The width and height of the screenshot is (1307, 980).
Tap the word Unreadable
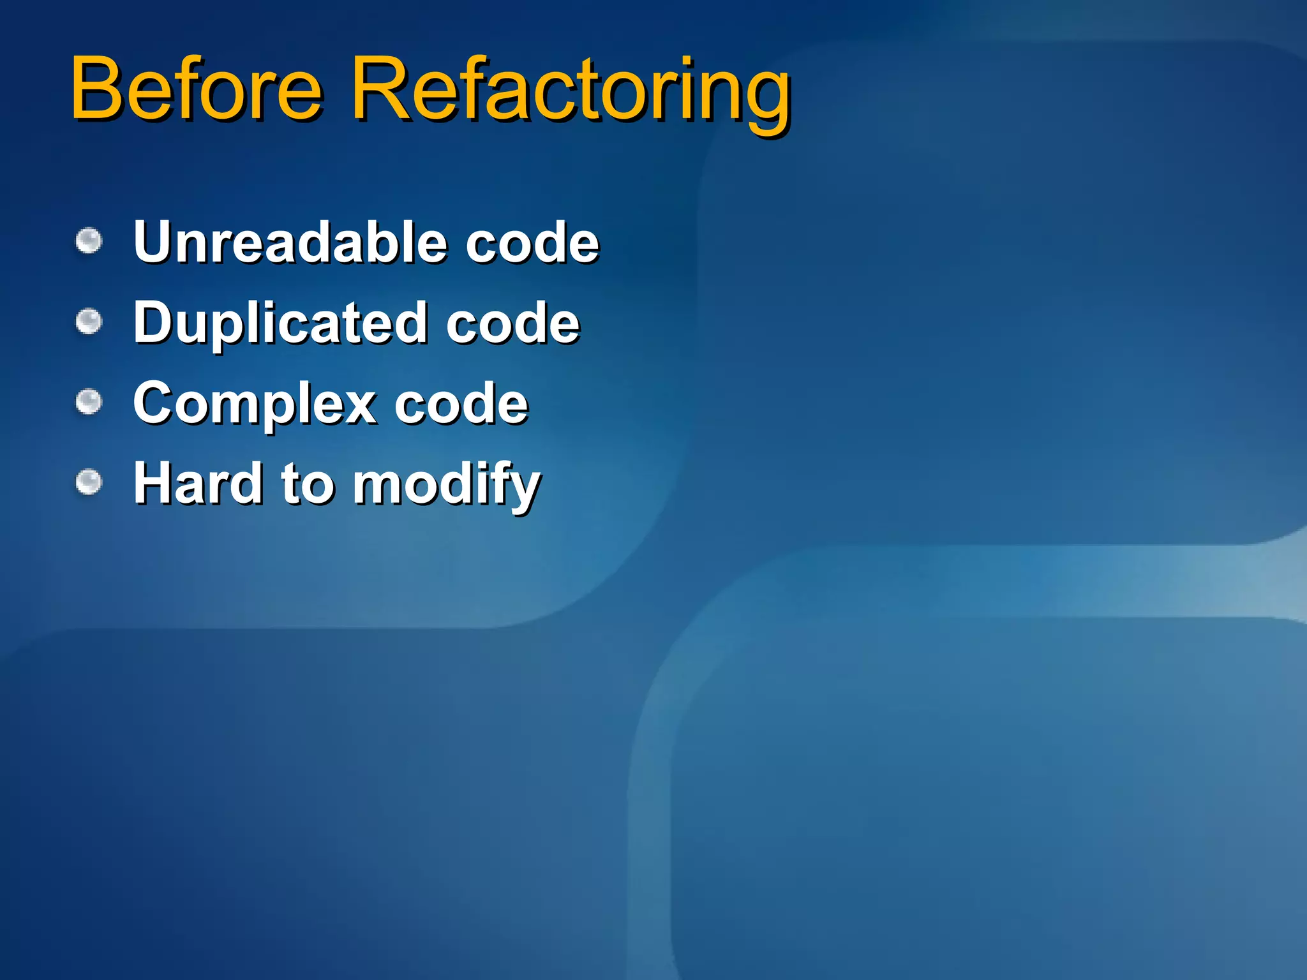click(290, 242)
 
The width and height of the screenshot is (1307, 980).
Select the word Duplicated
click(280, 323)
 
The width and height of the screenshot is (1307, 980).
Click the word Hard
click(198, 483)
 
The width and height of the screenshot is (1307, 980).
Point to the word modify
click(447, 485)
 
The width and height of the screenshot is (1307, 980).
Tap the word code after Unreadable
click(532, 243)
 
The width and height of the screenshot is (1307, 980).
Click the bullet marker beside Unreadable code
click(89, 241)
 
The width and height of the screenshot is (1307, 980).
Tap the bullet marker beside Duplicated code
click(89, 322)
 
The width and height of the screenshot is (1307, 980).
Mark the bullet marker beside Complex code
click(89, 402)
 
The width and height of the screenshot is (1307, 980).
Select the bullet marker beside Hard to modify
click(89, 482)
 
